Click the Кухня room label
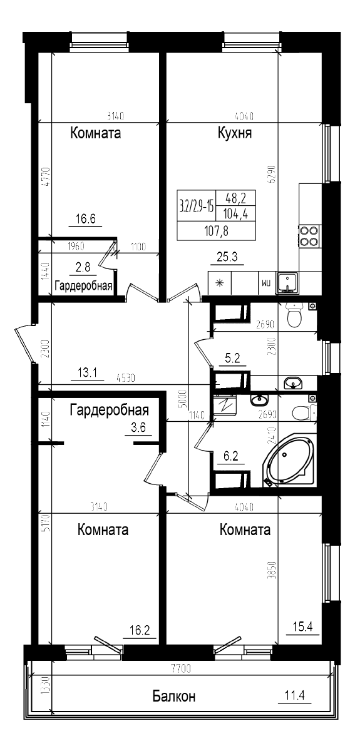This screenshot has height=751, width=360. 235,133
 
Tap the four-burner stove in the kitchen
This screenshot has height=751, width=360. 309,235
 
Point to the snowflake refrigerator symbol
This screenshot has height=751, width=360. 220,283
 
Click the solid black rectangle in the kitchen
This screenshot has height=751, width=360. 217,215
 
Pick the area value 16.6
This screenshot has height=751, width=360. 85,219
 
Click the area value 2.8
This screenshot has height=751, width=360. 83,268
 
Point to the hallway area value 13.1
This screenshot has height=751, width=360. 86,374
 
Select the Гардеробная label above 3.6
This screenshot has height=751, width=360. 109,410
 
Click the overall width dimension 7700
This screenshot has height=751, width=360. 180,669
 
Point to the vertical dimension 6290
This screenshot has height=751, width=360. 271,171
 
